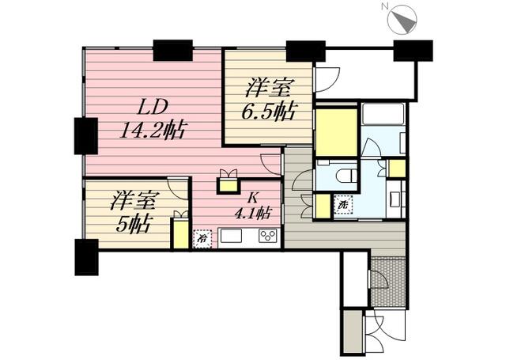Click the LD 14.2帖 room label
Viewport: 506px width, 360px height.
click(152, 119)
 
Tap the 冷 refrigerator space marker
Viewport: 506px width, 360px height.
click(202, 239)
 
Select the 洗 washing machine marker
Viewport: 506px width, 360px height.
click(343, 205)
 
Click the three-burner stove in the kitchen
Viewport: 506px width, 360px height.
click(267, 235)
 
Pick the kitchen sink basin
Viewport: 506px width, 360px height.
click(230, 236)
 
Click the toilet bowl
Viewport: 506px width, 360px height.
click(346, 176)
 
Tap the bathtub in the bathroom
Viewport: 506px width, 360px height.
click(383, 114)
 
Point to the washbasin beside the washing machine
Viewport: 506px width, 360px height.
click(395, 199)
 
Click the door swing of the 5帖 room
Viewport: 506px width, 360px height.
click(177, 188)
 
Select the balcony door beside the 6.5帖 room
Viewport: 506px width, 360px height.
click(327, 79)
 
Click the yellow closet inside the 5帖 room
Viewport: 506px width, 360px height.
click(180, 233)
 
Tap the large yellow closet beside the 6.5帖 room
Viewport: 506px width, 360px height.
click(336, 133)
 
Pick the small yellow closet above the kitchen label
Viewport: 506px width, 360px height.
click(228, 185)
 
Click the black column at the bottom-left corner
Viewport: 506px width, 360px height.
click(86, 257)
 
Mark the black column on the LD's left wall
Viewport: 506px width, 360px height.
click(86, 136)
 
